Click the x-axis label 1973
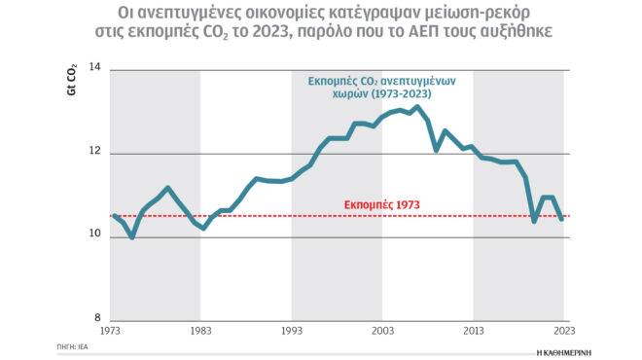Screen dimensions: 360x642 (x=111, y=331)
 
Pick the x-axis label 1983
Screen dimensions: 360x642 (x=201, y=331)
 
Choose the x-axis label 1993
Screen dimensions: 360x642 (x=291, y=331)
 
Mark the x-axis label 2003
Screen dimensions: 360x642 (x=381, y=331)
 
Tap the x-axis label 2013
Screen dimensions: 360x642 (x=473, y=331)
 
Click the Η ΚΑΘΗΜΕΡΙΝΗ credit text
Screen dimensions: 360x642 (x=563, y=347)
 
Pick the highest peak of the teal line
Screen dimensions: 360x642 (x=416, y=108)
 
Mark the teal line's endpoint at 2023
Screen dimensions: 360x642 (x=562, y=219)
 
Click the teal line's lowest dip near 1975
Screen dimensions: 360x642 (x=131, y=237)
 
